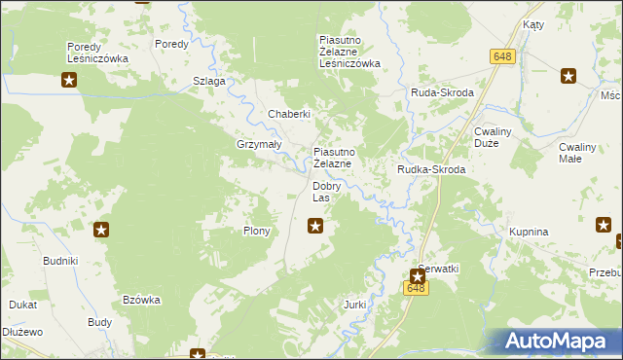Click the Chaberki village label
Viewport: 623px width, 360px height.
tap(289, 115)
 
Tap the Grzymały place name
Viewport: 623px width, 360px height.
tap(259, 144)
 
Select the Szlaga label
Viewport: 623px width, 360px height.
tap(209, 81)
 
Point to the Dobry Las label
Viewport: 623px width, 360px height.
tap(326, 192)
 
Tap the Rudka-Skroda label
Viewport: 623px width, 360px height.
tap(431, 169)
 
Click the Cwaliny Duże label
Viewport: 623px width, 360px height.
tap(500, 137)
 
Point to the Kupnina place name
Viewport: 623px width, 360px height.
tap(530, 233)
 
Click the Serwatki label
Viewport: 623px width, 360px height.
tap(438, 268)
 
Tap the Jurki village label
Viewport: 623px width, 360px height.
tap(354, 305)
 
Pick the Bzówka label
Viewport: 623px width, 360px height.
tap(141, 300)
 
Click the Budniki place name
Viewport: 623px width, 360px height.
tap(60, 262)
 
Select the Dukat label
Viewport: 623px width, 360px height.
tap(23, 305)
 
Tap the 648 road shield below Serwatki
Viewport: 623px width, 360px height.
tap(417, 288)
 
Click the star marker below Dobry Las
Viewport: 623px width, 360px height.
tap(315, 227)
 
